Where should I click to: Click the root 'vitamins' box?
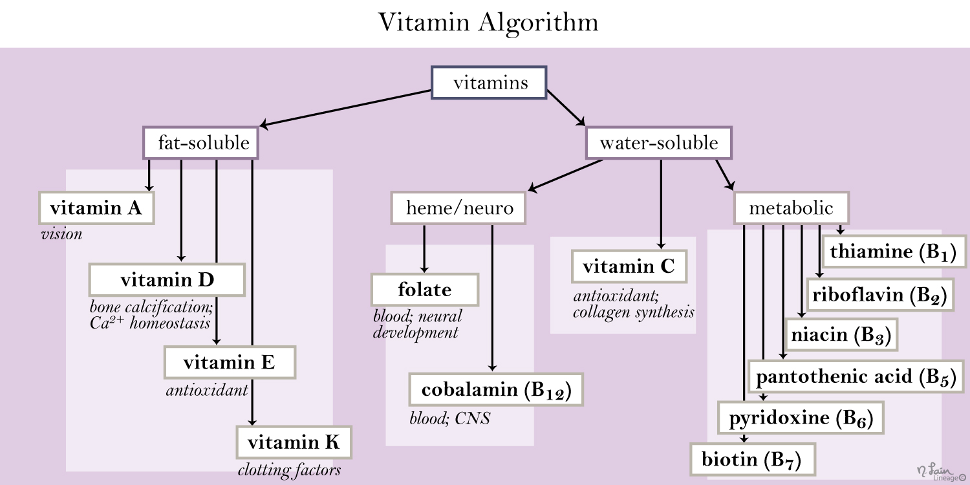489,82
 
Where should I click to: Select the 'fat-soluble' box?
201,142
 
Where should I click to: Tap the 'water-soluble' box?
659,142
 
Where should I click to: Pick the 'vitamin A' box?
96,208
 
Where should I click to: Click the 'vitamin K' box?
294,442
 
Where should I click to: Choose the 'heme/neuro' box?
458,208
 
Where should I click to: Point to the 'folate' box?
425,290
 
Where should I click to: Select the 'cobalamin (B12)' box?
496,389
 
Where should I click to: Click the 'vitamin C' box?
629,266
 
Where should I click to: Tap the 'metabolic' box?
792,208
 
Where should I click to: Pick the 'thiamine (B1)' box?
894,252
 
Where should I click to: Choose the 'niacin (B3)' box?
841,334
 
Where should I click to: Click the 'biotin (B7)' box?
753,459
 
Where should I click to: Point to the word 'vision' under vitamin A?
61,234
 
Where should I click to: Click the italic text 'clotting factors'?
289,470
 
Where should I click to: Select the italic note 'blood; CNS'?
450,418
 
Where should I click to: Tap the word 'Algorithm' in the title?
538,23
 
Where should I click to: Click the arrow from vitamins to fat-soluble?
345,108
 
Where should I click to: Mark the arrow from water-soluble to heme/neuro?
565,175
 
